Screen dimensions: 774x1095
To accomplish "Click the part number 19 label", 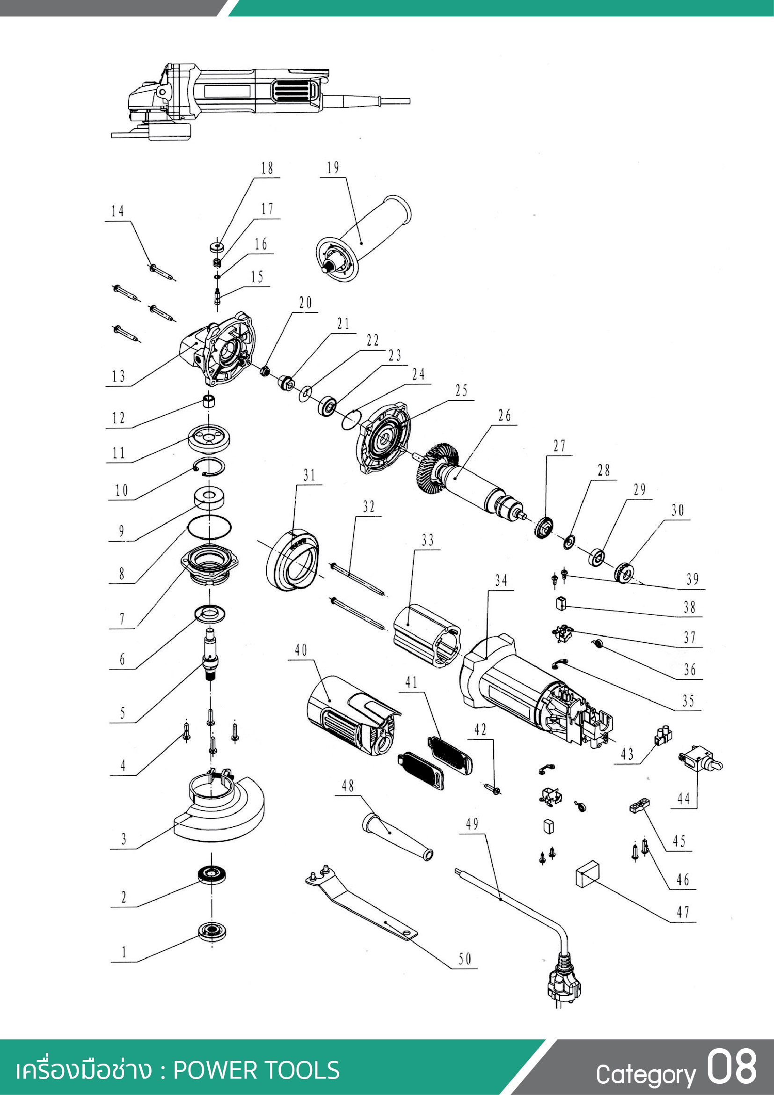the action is pos(333,168).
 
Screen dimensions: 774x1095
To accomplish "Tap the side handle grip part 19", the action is pos(363,238).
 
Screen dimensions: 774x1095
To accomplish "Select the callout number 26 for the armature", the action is pos(504,415).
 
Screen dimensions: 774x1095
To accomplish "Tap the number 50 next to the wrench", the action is pos(465,959).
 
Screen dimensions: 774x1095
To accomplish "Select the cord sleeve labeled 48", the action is pos(397,838).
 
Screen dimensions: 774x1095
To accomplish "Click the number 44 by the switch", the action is pos(683,798).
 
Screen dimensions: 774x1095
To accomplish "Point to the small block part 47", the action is pos(588,874).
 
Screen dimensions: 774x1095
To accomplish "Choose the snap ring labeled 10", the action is pos(209,466).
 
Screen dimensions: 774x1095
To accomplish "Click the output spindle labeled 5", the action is pos(210,654).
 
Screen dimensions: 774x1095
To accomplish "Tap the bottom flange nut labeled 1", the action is pos(212,932).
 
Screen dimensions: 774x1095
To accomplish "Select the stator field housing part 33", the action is pos(427,636).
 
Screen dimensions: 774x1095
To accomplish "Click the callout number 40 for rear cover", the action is pos(301,650).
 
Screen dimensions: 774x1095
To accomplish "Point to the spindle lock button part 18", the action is pos(217,247).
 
